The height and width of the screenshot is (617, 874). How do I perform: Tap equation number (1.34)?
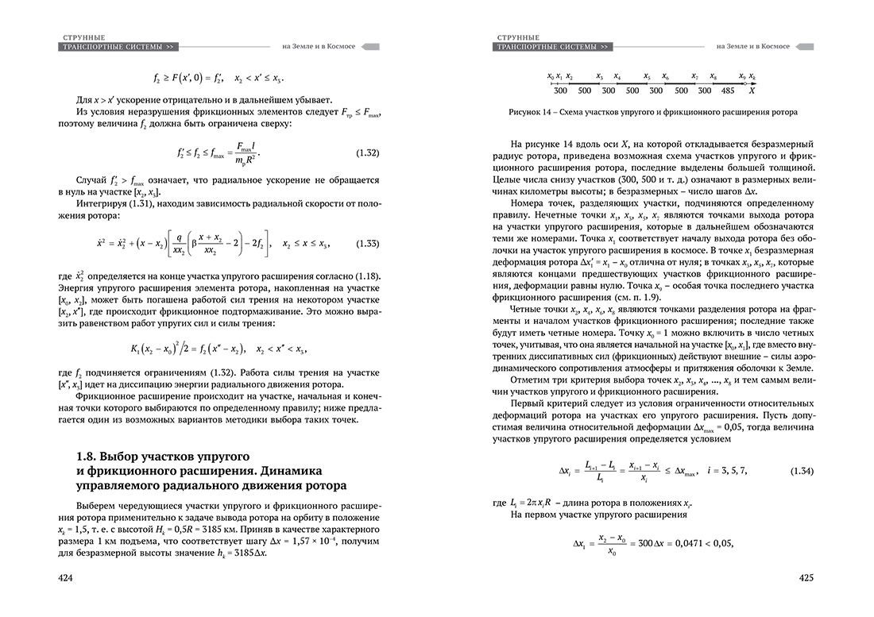tap(801, 471)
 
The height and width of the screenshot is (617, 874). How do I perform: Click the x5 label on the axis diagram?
tap(648, 76)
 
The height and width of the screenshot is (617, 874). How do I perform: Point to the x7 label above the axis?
tap(694, 76)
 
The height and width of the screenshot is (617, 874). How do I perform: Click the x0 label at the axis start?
tap(551, 76)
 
